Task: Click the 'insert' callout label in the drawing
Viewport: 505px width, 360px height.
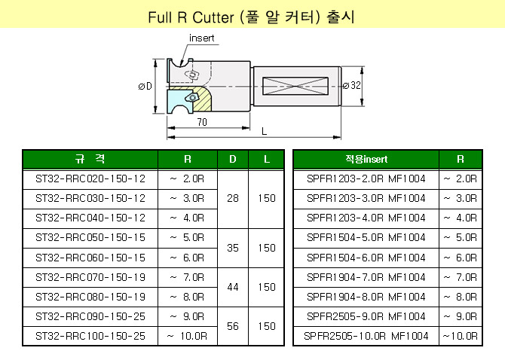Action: click(x=201, y=38)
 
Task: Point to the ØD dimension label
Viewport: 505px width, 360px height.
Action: click(x=145, y=87)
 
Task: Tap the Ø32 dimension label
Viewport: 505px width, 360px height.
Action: click(x=352, y=86)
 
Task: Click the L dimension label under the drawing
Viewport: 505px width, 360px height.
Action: click(x=264, y=131)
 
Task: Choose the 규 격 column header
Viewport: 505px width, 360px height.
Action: click(x=90, y=160)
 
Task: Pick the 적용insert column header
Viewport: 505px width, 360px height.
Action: click(x=366, y=160)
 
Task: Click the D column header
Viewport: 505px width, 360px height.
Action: click(x=232, y=160)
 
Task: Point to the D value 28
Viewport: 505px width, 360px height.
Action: click(x=232, y=198)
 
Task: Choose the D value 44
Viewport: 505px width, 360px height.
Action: click(x=232, y=286)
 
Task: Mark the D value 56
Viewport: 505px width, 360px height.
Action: click(x=232, y=326)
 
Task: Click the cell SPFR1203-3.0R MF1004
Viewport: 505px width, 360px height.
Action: click(x=366, y=198)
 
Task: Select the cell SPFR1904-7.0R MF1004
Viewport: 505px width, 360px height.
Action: click(x=366, y=276)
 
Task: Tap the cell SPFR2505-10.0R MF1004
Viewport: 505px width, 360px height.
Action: click(x=366, y=335)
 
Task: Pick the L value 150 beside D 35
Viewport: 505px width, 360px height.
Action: click(x=266, y=247)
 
